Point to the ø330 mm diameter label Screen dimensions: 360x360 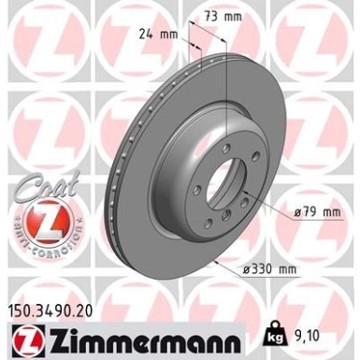pyautogui.click(x=270, y=270)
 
